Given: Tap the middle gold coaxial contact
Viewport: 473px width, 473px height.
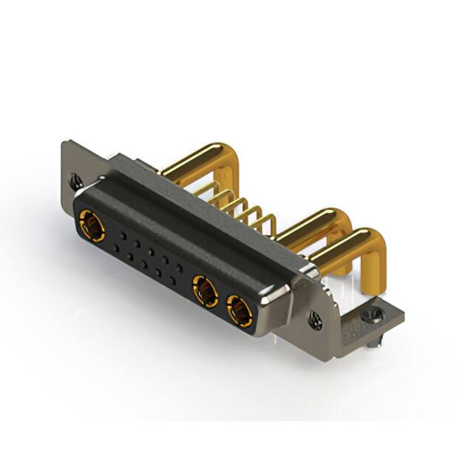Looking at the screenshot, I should pos(205,290).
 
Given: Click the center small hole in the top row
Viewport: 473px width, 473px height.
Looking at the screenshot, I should pos(150,251).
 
